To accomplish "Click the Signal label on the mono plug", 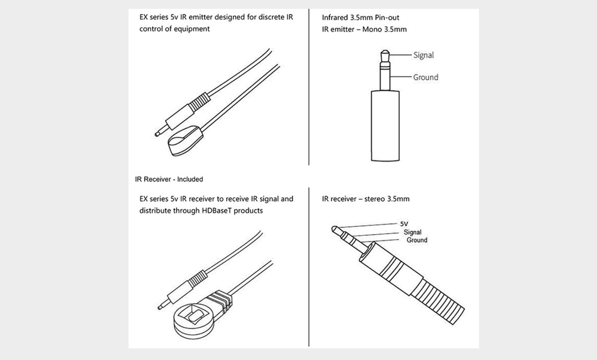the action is [x=423, y=55].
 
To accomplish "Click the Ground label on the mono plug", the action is [x=426, y=78].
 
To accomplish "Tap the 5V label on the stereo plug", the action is [x=404, y=224].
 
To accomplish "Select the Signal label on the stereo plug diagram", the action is [x=413, y=232].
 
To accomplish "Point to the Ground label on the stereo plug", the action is [x=417, y=240].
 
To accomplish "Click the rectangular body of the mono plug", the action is [x=385, y=125].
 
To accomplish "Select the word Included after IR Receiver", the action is [x=190, y=180].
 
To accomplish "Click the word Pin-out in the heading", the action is [x=387, y=18].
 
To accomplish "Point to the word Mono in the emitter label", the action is [x=372, y=29].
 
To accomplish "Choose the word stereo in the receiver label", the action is [x=375, y=199].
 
